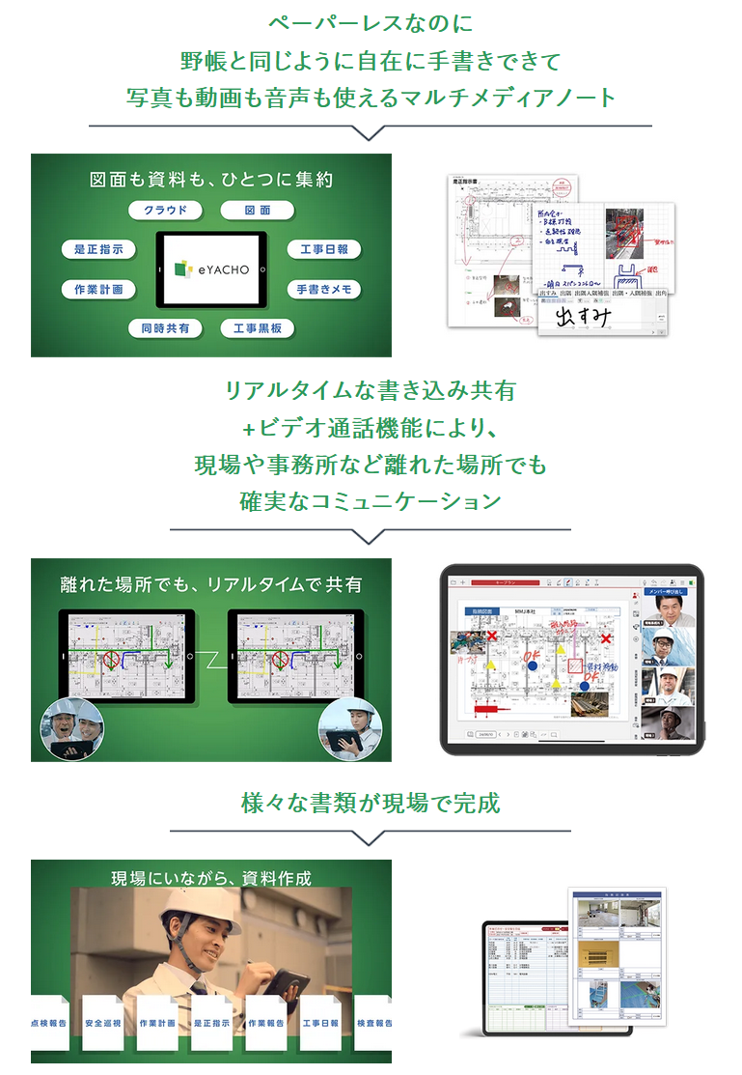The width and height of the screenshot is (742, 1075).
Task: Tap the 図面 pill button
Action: tap(258, 210)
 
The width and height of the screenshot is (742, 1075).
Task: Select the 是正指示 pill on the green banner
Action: tap(97, 249)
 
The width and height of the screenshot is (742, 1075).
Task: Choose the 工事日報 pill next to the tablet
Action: tap(324, 249)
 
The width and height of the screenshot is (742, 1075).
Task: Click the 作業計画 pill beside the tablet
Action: tap(97, 289)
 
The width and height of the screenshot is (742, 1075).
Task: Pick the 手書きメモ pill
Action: tap(324, 289)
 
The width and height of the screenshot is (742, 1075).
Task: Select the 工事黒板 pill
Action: tap(258, 328)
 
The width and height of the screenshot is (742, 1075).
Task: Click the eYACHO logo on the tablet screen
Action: tap(211, 269)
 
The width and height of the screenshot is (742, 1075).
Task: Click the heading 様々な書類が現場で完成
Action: tap(371, 803)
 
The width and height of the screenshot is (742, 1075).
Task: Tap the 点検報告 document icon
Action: tap(48, 1023)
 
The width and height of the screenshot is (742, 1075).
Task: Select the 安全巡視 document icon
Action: tap(103, 1023)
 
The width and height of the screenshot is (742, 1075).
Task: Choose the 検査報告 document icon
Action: tap(373, 1023)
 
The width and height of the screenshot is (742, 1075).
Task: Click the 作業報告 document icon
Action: tap(266, 1023)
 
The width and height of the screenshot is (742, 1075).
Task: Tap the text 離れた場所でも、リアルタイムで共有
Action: tap(211, 584)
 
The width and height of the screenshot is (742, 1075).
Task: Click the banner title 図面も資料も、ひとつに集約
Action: tap(211, 180)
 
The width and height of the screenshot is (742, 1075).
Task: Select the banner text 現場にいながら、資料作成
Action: tap(211, 878)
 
